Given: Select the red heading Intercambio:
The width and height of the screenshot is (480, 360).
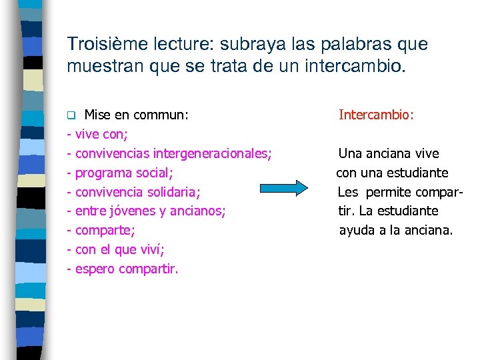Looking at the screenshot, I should (376, 115).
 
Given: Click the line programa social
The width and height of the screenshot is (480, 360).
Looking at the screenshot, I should (123, 173).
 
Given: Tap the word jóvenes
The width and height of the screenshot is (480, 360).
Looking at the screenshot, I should (131, 211).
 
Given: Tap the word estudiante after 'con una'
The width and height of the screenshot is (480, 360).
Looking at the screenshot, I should (417, 173).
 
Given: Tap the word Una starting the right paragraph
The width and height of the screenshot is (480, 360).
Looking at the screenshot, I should (350, 154).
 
